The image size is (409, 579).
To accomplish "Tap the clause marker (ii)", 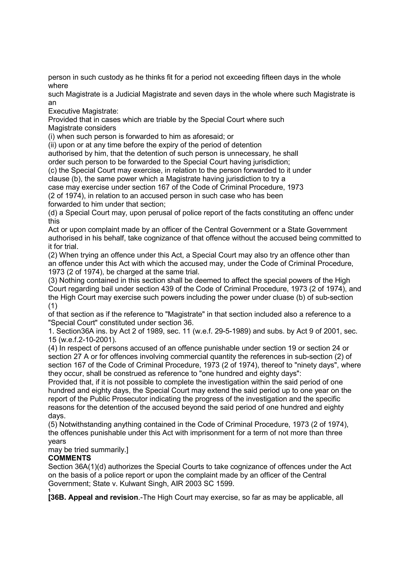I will pos(52,145).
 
